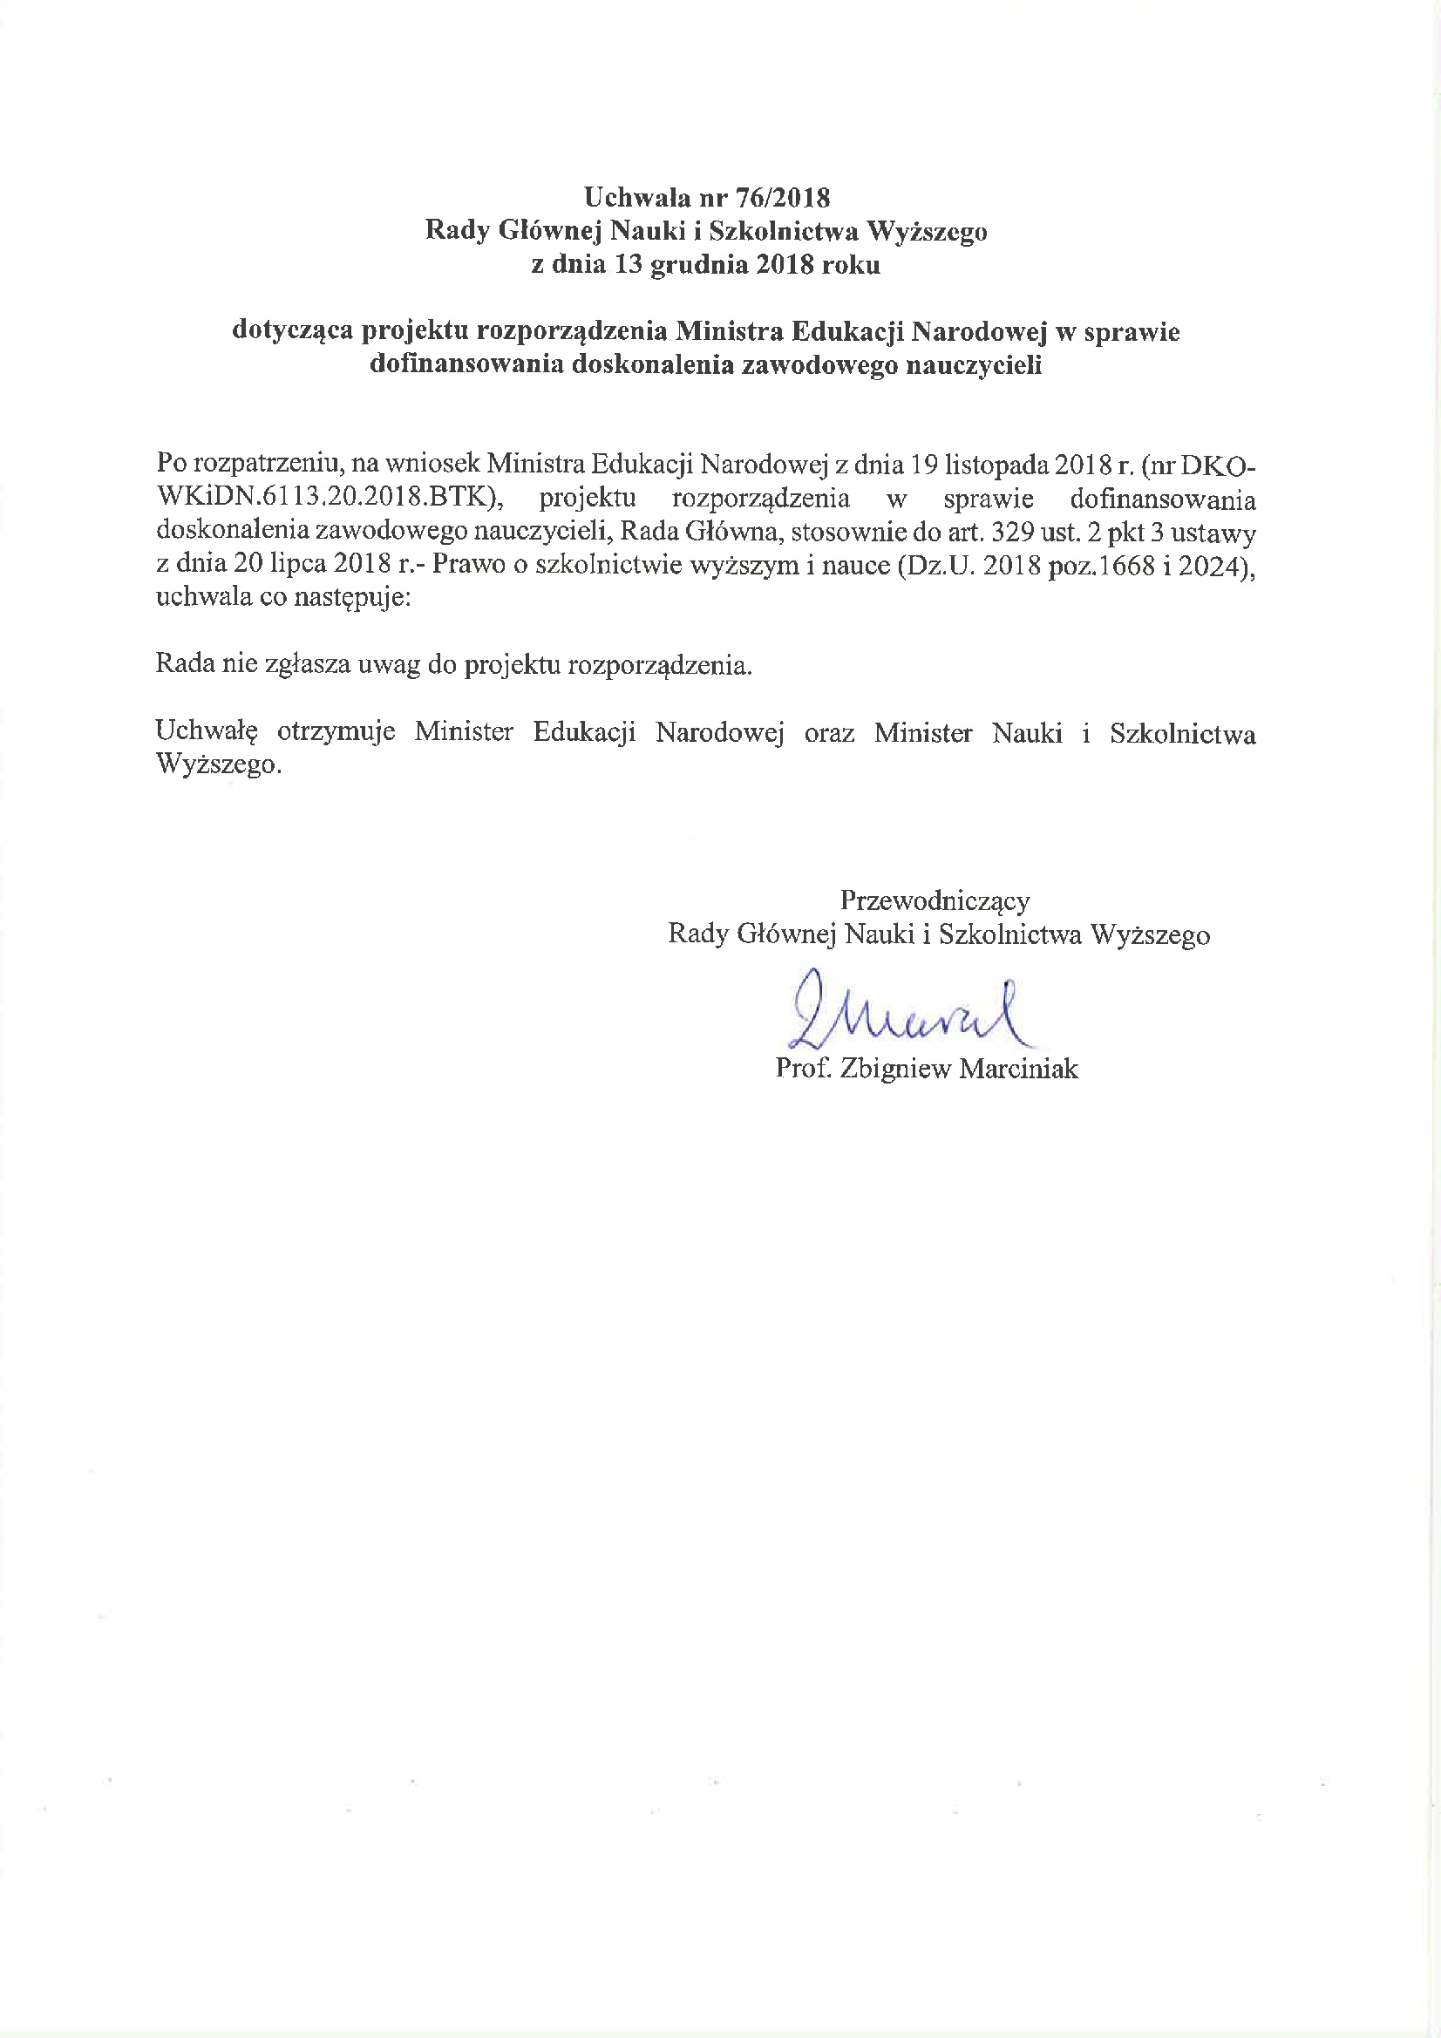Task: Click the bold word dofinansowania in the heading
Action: coord(466,365)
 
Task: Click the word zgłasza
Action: coord(307,665)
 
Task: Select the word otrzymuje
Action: coord(336,732)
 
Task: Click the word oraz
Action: coord(828,732)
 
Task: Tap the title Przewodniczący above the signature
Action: coord(934,901)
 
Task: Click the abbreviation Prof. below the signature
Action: coord(803,1069)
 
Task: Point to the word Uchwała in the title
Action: coord(636,197)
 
